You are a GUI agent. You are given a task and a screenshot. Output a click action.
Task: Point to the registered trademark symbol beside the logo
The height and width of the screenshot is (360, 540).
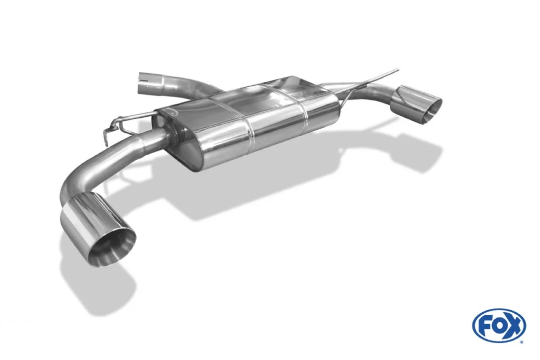[523, 343]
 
